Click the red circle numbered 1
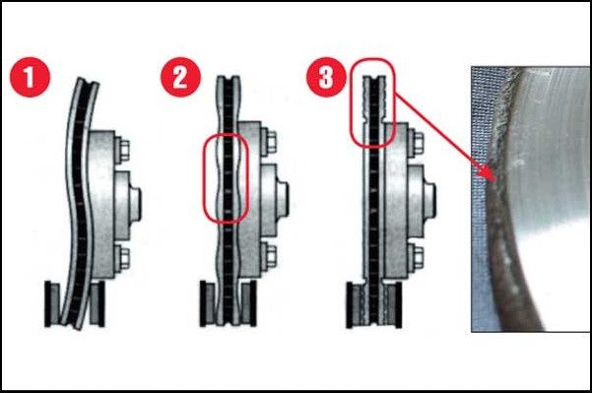coord(30,77)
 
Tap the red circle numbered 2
coord(180,77)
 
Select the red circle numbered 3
coord(326,77)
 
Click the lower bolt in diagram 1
coord(121,258)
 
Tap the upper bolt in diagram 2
coord(269,141)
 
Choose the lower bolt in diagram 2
coord(269,255)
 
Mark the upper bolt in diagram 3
coord(416,142)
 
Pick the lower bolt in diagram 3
coord(416,256)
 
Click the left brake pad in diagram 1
coord(52,303)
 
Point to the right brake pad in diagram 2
coord(248,303)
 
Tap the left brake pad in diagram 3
coord(355,305)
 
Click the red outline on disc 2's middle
coord(204,177)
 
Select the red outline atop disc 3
coord(351,101)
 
